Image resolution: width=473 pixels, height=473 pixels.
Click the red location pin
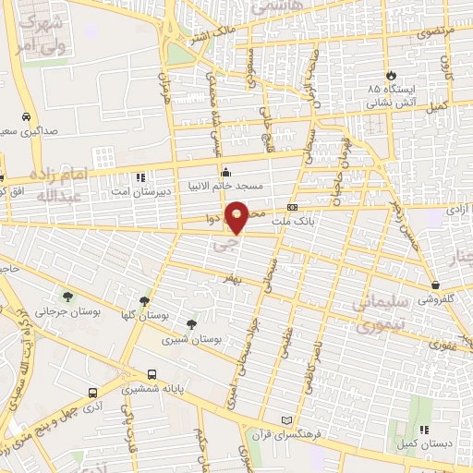point(237,217)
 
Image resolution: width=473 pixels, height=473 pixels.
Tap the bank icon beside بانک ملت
point(292,208)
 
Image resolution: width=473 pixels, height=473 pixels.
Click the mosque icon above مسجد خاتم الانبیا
point(226,172)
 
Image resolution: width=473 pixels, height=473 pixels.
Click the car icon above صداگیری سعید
point(25,117)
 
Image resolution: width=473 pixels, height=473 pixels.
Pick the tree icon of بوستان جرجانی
point(67,296)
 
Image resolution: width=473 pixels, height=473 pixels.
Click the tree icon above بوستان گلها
point(142,301)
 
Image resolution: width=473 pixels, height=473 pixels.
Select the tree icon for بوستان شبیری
point(190,323)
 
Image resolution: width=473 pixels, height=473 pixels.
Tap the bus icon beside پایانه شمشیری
point(152,375)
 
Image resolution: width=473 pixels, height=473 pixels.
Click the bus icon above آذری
point(92,392)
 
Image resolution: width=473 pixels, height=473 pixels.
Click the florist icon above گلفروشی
point(434,285)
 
